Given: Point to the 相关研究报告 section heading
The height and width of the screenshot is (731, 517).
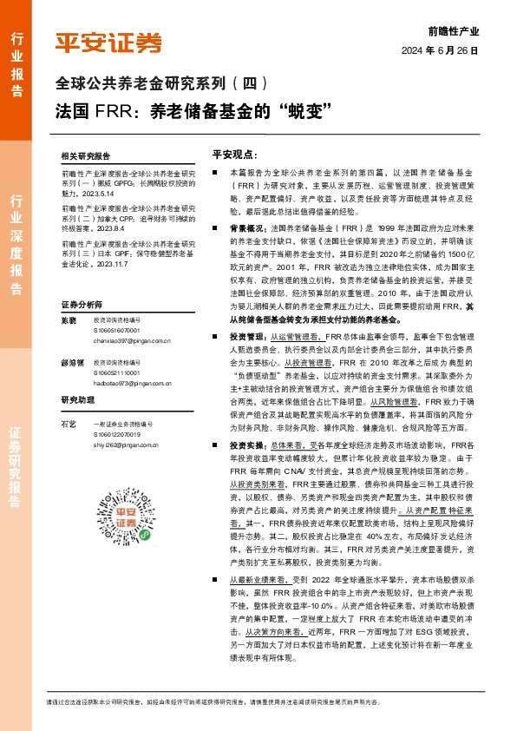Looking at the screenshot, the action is pyautogui.click(x=86, y=155).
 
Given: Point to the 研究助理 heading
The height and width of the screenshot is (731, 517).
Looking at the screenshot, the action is pyautogui.click(x=77, y=399).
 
